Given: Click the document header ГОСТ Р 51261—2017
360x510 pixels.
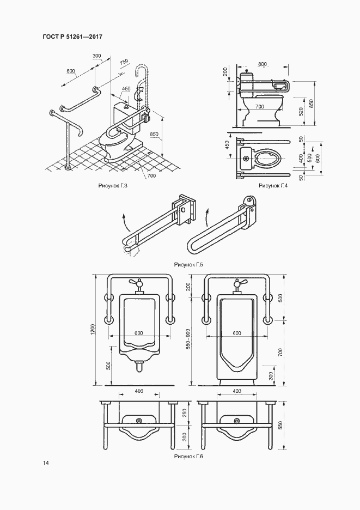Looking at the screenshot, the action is pos(72,37).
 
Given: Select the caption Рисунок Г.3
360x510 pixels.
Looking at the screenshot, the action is pos(113,186).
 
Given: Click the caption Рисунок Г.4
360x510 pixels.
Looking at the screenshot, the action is pos(273,186).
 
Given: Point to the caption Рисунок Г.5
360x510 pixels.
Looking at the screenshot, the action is pos(188,264).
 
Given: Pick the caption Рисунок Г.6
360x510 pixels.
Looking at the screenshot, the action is pos(188,457).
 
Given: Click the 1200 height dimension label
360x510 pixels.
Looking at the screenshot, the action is pos(93,330).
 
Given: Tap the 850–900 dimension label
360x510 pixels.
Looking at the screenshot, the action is pos(188,339).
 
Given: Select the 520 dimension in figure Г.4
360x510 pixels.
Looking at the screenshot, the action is pos(301,112).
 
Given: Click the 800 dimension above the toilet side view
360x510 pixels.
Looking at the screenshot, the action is pos(263,64).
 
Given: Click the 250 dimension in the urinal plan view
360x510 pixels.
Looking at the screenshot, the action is pos(185,413).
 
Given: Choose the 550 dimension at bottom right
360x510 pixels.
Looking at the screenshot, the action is pos(280,426).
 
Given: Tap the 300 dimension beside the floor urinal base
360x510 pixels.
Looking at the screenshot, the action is pos(271,376).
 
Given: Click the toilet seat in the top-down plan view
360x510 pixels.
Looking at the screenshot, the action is pos(267,159).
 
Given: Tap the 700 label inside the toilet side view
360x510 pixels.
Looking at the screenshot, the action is pos(259,107).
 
